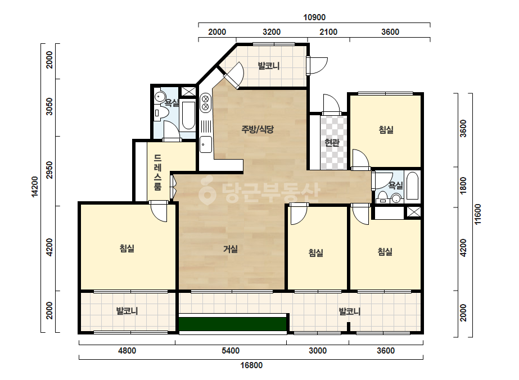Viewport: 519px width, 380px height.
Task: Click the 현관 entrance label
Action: coord(332,143)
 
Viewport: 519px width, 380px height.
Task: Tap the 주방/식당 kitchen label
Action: coord(258,129)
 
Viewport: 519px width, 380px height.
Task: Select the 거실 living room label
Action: coord(231,249)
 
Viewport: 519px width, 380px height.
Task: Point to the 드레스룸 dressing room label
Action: coord(158,172)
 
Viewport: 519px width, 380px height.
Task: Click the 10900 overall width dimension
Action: coord(314,17)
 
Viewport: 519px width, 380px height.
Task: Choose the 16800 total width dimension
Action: coord(251,365)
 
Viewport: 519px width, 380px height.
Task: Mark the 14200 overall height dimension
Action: coord(35,187)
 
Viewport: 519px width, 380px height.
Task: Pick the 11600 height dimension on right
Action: coord(477,215)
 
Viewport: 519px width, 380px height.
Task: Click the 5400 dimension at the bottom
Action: coord(231,351)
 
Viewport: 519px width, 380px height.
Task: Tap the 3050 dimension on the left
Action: coord(49,106)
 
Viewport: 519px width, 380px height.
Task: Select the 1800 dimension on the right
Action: coord(463,186)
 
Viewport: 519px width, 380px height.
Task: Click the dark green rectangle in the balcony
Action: coord(232,324)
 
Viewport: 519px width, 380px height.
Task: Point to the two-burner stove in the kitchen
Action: coord(205,103)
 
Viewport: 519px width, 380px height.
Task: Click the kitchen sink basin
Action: coord(206,144)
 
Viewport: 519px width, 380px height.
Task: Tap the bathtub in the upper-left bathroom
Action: coord(188,116)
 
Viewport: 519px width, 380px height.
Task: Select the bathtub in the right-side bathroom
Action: coord(412,186)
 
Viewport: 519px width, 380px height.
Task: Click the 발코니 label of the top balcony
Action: coord(269,66)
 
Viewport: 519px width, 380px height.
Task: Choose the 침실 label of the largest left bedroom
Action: coord(127,248)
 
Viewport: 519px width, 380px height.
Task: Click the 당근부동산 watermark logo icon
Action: coord(207,191)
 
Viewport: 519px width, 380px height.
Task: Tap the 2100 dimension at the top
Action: coord(328,32)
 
